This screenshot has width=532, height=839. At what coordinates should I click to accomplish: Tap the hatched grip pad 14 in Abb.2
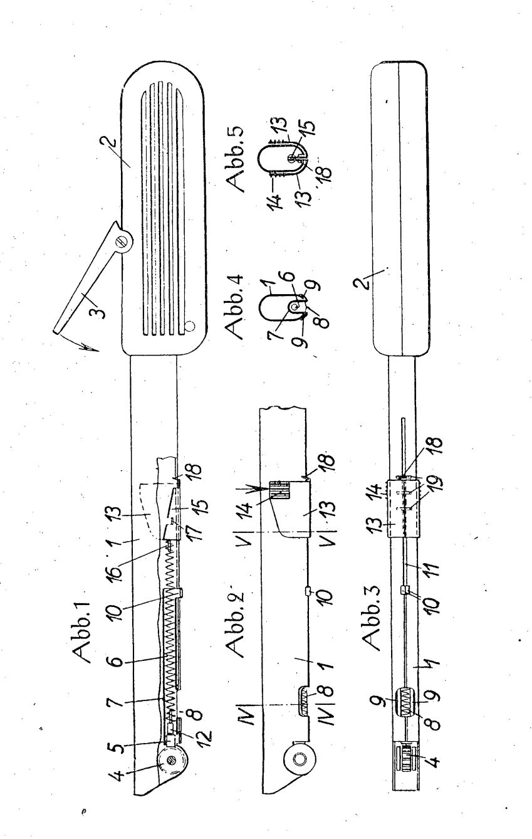[279, 490]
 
